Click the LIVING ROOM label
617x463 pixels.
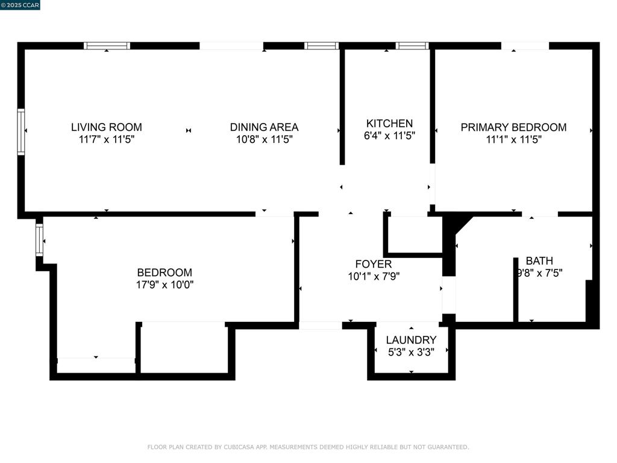[x=106, y=127]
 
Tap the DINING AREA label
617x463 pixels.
[x=264, y=127]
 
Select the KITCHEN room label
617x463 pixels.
[x=389, y=123]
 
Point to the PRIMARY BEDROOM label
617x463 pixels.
[x=513, y=127]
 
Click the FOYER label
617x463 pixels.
[x=374, y=264]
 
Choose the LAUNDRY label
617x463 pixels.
[x=411, y=340]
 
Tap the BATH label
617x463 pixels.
[x=539, y=260]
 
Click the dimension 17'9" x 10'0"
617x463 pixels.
[x=164, y=285]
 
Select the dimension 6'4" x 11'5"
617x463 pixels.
[x=389, y=136]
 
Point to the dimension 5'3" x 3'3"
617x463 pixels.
[x=411, y=352]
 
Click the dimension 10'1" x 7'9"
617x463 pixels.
[x=374, y=276]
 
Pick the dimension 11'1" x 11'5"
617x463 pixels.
[x=513, y=139]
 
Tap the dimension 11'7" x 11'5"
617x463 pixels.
[x=106, y=139]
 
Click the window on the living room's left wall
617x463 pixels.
[x=21, y=132]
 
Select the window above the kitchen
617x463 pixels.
[x=412, y=46]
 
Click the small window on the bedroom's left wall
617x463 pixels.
[x=39, y=240]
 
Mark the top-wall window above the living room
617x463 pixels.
[x=107, y=46]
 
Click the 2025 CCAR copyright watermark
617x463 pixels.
[x=20, y=5]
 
